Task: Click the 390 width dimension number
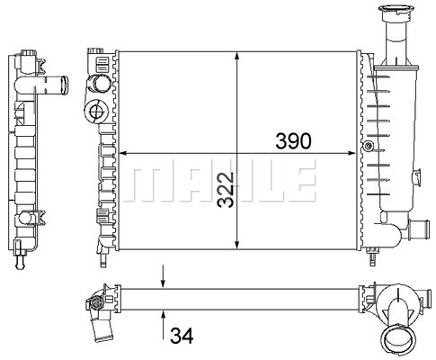click(293, 141)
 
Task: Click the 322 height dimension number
click(226, 190)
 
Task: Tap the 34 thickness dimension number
click(182, 336)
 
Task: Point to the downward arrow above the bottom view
click(163, 276)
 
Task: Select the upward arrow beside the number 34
click(163, 325)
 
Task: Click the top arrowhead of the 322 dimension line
click(237, 56)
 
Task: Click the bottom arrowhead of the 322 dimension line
click(237, 245)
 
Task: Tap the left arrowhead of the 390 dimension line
click(123, 153)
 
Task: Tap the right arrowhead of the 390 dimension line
click(351, 153)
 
